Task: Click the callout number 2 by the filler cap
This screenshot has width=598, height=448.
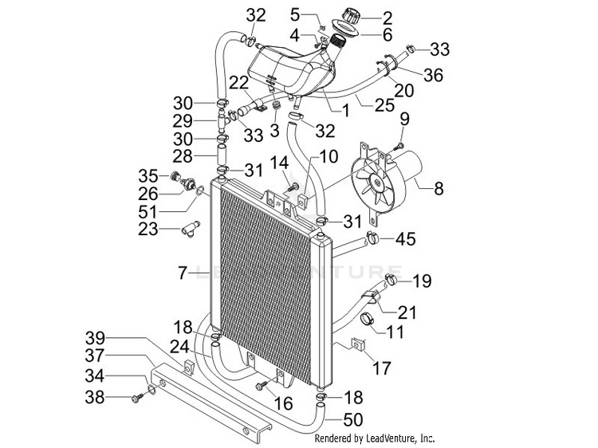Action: [388, 18]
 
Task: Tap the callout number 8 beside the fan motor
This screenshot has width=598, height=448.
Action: [439, 188]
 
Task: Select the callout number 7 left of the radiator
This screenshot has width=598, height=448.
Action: [183, 273]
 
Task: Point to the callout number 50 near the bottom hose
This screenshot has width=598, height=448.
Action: [352, 420]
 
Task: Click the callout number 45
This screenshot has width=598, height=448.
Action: [405, 239]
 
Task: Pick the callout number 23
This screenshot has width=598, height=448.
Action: [148, 229]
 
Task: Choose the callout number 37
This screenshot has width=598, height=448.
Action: [95, 356]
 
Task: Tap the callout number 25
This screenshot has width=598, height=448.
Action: [384, 105]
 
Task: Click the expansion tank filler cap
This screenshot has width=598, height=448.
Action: [352, 15]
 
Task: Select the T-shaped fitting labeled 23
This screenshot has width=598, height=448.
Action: [191, 230]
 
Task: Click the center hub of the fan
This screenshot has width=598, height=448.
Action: [378, 183]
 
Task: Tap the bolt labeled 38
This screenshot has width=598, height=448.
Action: [136, 398]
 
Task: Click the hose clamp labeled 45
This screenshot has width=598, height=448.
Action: [372, 238]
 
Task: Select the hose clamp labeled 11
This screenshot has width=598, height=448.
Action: [368, 318]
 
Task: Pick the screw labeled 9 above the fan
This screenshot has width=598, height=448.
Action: [399, 145]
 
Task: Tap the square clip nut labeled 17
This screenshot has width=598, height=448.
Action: [358, 344]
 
